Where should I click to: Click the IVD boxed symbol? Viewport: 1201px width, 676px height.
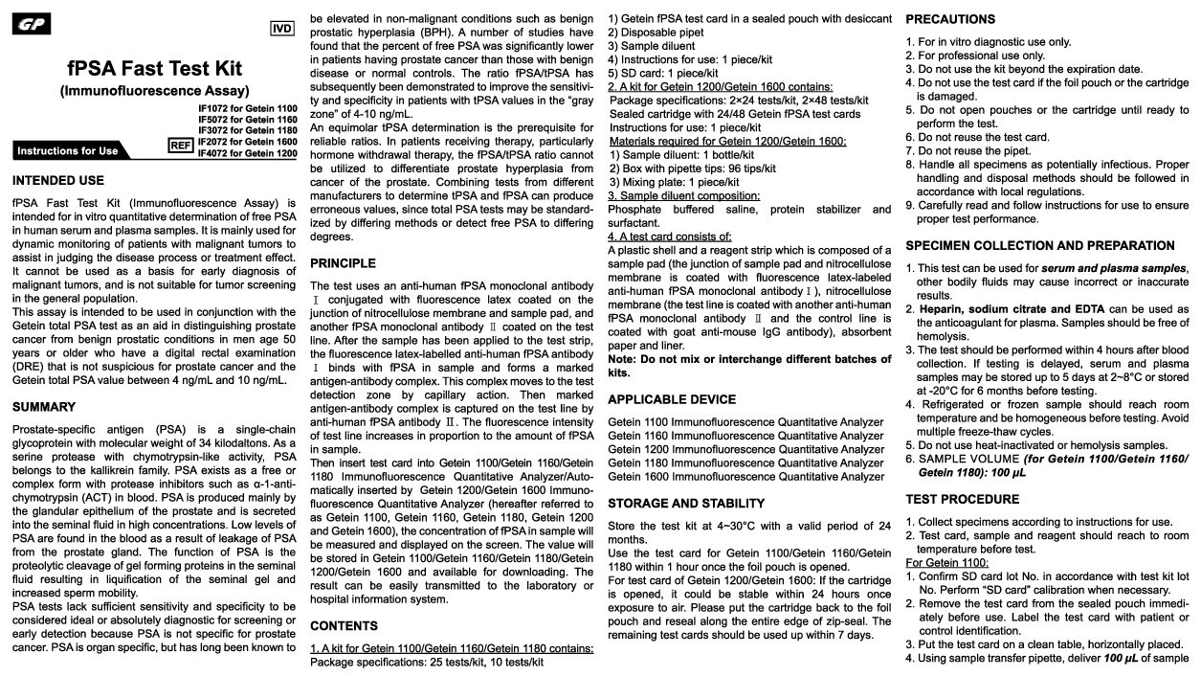[x=281, y=29]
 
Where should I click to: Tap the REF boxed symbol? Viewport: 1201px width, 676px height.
[x=180, y=145]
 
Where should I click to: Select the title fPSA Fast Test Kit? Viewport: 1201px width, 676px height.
[x=155, y=69]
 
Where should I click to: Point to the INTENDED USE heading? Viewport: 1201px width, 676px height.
[x=58, y=180]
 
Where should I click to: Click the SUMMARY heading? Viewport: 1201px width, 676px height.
[x=44, y=407]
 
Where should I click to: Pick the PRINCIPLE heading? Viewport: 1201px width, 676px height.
[x=343, y=263]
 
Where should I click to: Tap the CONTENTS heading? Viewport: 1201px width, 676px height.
[x=344, y=625]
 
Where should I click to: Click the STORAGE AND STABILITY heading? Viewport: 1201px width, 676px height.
[x=686, y=503]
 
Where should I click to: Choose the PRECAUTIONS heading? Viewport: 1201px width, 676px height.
[x=950, y=19]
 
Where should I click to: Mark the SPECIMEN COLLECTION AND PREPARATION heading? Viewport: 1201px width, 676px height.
[x=1040, y=246]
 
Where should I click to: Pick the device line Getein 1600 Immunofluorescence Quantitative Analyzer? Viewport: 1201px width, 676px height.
[x=746, y=476]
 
